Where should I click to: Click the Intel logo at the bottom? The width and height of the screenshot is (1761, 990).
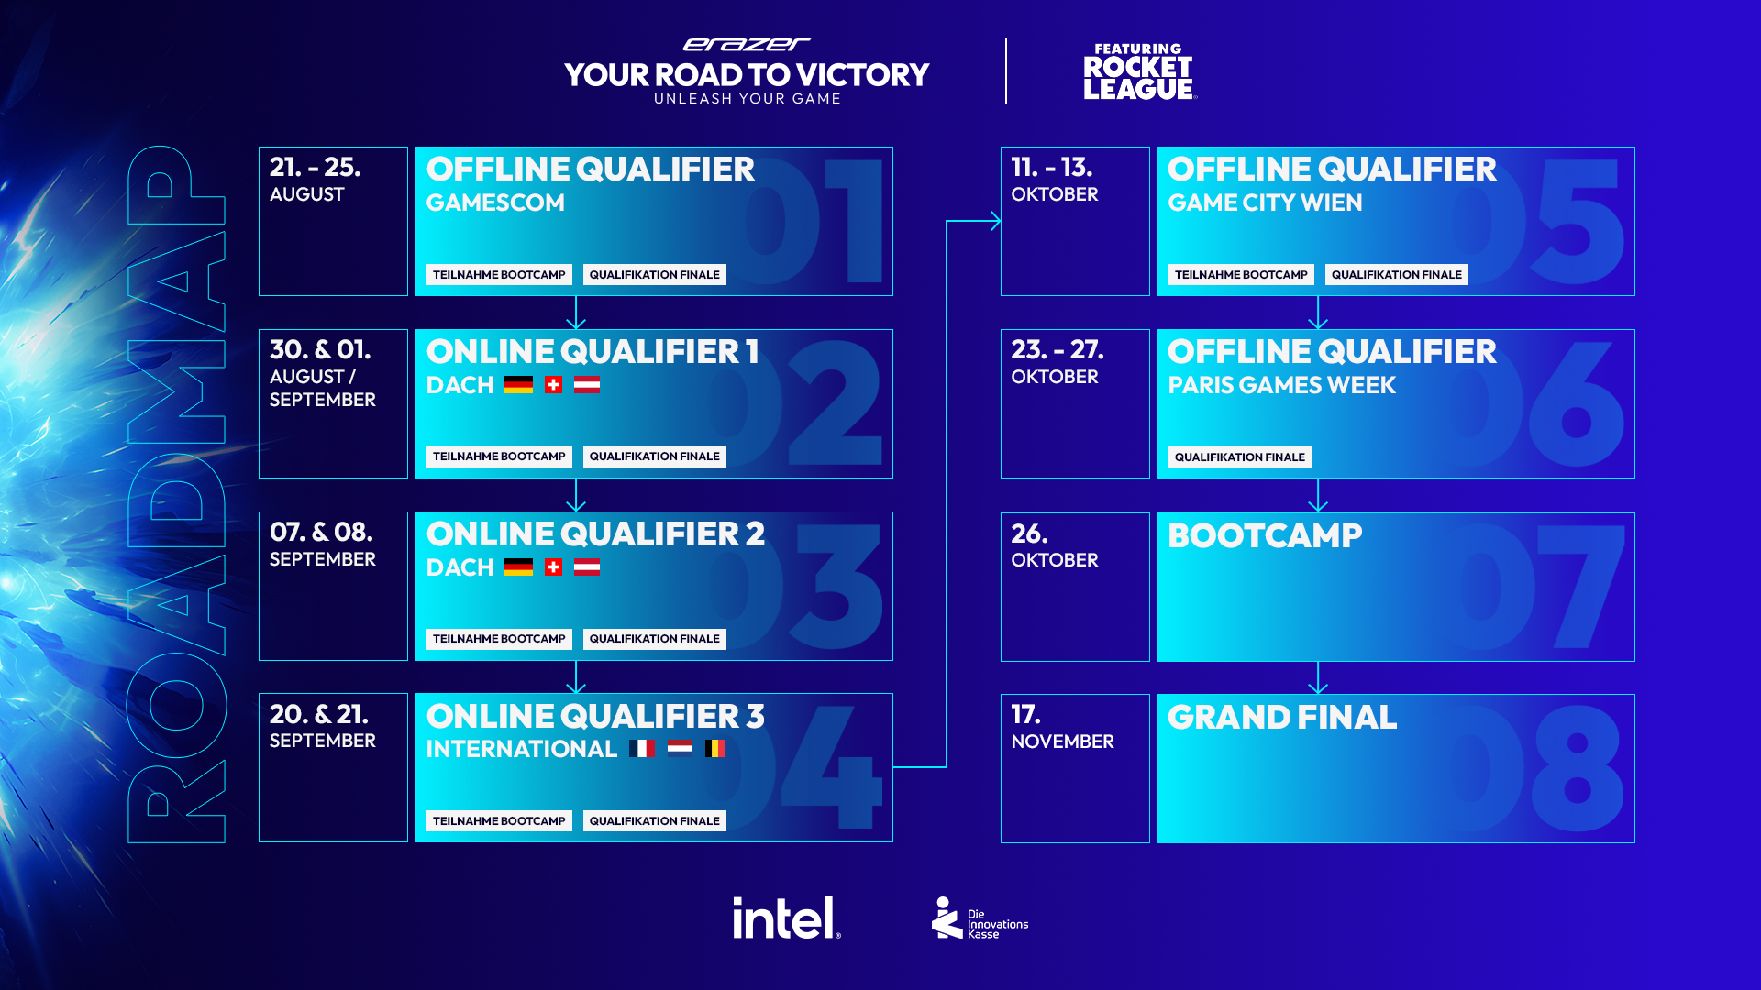click(786, 918)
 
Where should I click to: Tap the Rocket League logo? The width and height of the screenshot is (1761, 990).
click(1138, 71)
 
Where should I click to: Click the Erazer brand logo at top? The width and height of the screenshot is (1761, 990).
click(747, 44)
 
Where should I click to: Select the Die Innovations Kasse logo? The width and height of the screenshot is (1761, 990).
click(980, 918)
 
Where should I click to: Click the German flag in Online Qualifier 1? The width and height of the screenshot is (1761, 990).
click(518, 385)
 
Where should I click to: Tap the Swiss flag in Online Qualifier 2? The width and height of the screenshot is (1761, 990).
click(553, 567)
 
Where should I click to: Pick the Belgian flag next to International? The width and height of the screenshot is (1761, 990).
click(714, 749)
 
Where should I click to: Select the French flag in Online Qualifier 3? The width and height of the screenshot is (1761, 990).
click(642, 749)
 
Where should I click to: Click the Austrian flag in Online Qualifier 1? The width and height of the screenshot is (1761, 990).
click(587, 385)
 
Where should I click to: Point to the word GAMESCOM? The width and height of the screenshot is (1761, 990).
click(495, 203)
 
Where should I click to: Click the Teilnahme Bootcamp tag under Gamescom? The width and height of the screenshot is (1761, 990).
click(499, 275)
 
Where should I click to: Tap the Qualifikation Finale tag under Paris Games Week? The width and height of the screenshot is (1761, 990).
click(1239, 457)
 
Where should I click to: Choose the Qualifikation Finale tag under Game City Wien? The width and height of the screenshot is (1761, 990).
click(1396, 275)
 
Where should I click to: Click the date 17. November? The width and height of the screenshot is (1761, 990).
click(1062, 727)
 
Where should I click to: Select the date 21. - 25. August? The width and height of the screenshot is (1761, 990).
click(315, 180)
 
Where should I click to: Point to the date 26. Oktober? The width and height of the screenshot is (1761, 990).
click(1054, 545)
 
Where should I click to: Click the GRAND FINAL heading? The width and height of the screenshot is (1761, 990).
click(1282, 717)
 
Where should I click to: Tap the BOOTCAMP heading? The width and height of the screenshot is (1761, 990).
click(1265, 535)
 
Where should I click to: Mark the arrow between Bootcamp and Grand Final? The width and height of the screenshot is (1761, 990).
click(1318, 677)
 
